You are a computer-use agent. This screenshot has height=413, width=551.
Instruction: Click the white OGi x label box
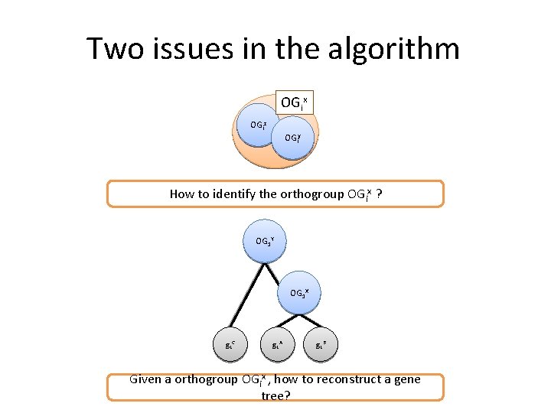click(294, 102)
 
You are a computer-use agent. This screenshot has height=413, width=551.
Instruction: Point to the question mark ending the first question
click(380, 193)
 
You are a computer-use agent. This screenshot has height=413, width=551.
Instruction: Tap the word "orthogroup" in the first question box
click(309, 193)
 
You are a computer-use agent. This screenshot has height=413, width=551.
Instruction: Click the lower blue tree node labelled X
click(298, 292)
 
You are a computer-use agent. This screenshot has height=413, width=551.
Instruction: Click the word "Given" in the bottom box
click(145, 379)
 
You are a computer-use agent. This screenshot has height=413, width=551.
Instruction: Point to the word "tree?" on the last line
click(275, 395)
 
